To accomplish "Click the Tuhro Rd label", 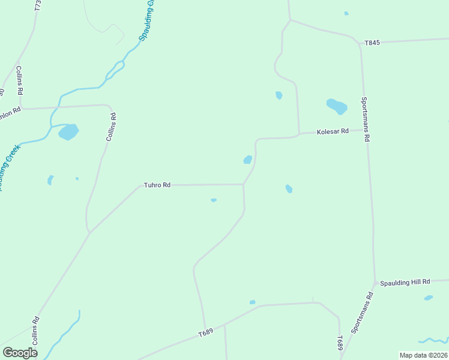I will point(157,185).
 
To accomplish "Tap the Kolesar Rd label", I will point(333,131).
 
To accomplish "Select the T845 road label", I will point(372,43).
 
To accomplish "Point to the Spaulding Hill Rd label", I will point(405,282).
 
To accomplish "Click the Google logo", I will point(20,353).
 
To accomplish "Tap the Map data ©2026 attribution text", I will point(423,355).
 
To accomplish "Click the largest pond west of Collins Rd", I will point(68,131).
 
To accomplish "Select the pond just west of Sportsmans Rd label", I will point(337,106).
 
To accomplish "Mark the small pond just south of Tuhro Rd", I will point(214,200).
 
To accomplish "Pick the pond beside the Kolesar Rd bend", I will point(247,160).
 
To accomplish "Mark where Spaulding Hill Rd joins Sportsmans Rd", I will point(375,282).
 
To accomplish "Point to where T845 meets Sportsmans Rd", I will point(360,43).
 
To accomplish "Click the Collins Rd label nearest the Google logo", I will point(37,328).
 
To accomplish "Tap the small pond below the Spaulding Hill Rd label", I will point(428,298).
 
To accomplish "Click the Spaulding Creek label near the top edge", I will point(148,20).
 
